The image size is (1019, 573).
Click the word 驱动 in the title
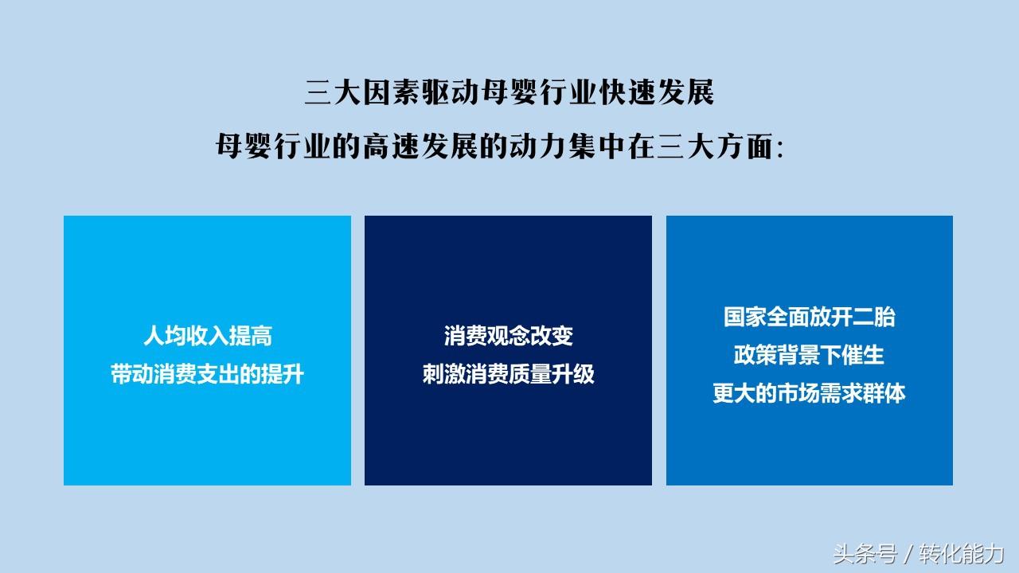(x=451, y=93)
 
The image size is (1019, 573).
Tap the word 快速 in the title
(x=626, y=93)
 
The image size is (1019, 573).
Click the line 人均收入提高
(x=208, y=337)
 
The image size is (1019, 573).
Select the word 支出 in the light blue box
(x=219, y=374)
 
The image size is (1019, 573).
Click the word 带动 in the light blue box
(x=132, y=374)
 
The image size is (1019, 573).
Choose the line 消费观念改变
(x=509, y=336)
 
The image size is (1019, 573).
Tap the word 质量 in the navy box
(x=530, y=374)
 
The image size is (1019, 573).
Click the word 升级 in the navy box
(x=573, y=374)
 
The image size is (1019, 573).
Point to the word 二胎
(x=874, y=317)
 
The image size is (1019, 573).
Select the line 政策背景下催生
(x=810, y=355)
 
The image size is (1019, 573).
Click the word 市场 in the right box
(x=798, y=393)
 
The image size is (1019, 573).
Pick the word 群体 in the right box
(x=884, y=393)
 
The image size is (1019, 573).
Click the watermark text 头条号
(x=865, y=555)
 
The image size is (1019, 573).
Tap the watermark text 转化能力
(x=962, y=555)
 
